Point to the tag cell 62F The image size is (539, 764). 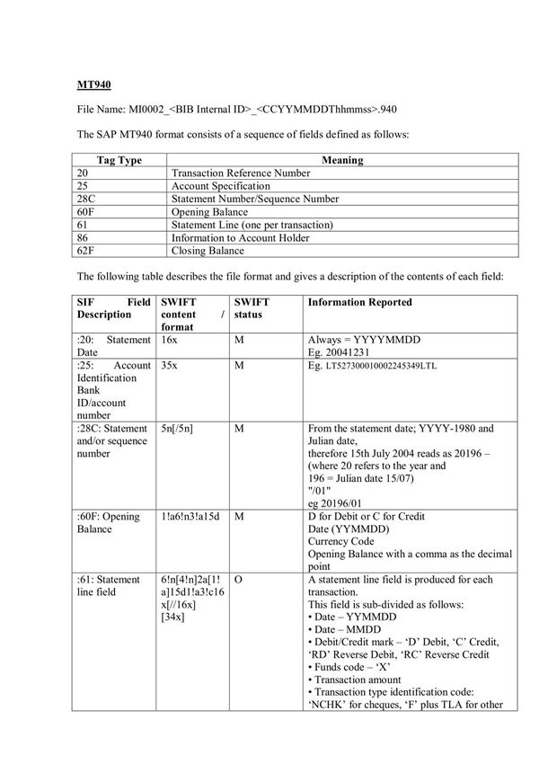(87, 251)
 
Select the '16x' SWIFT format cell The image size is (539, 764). (169, 342)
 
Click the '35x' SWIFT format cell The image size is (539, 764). (169, 366)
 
